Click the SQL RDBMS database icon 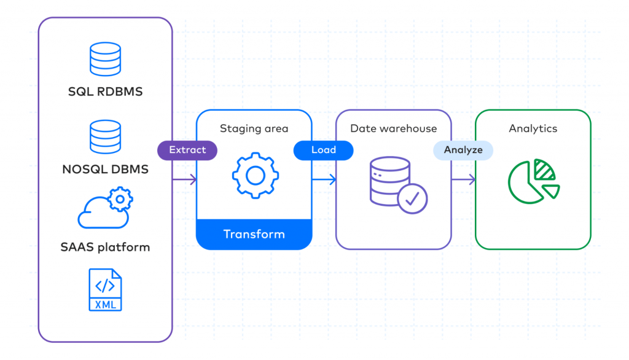click(105, 60)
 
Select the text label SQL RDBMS click(105, 92)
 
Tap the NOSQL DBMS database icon click(105, 137)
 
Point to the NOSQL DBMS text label click(105, 170)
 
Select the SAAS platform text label click(105, 248)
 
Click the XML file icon click(105, 289)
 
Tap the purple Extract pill click(187, 150)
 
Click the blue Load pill click(323, 150)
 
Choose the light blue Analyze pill click(463, 150)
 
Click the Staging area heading click(254, 128)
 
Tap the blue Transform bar click(254, 234)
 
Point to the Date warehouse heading click(393, 128)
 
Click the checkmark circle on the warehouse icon click(412, 198)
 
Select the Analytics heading click(533, 128)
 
